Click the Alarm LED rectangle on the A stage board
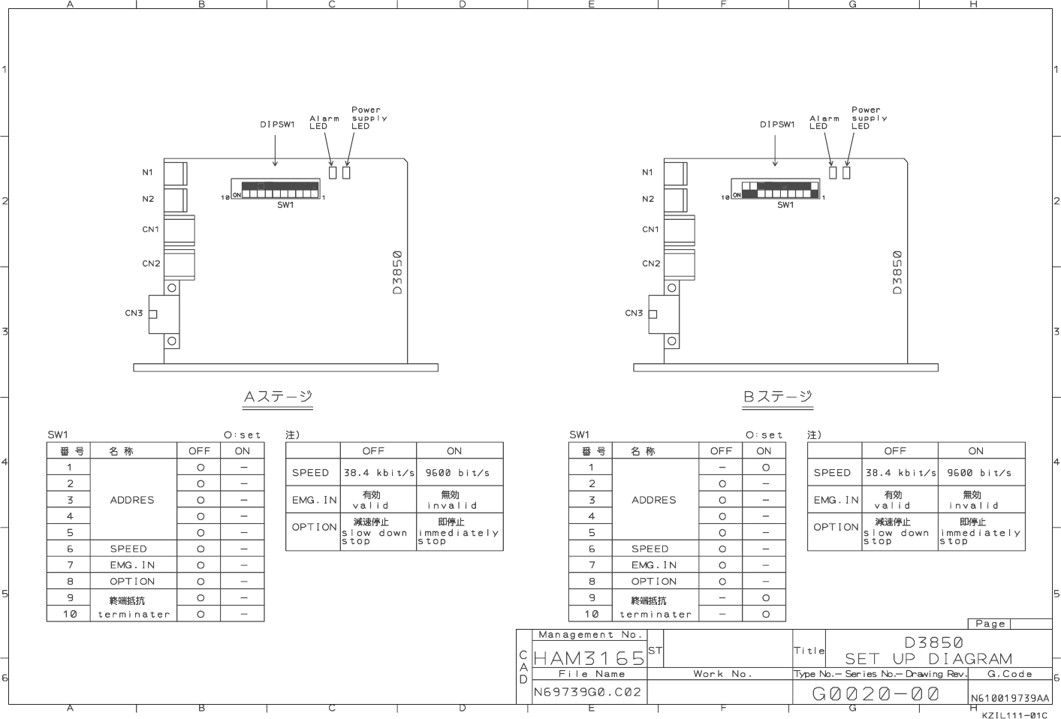[333, 173]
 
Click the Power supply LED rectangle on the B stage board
[846, 173]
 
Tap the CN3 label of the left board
[134, 313]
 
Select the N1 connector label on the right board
[647, 173]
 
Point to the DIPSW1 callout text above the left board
[277, 125]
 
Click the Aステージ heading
[278, 397]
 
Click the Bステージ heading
[778, 397]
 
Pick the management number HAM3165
[589, 658]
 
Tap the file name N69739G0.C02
[587, 692]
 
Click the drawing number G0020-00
[876, 694]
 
